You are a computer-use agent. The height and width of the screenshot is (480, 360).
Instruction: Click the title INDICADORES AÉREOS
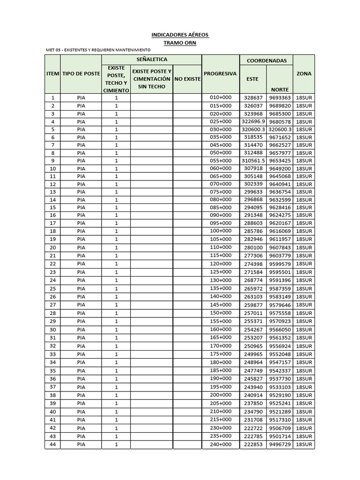tap(180, 35)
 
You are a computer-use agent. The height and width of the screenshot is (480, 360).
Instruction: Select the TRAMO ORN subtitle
tap(180, 43)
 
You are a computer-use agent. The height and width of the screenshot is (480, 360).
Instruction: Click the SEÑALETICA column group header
tap(151, 60)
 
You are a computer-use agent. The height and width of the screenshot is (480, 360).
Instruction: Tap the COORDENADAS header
tap(266, 60)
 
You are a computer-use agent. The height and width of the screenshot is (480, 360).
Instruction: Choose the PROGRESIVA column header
tap(220, 74)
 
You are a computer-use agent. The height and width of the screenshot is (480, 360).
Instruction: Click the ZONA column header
tap(304, 74)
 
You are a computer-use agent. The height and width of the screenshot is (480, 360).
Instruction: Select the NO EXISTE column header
tap(187, 79)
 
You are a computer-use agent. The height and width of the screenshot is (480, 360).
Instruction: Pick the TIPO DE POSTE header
tap(81, 74)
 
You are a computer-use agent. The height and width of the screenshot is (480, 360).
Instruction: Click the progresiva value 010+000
tap(220, 97)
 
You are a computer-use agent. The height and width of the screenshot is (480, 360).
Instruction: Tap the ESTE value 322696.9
tap(254, 121)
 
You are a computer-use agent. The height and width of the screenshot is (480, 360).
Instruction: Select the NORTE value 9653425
tap(280, 160)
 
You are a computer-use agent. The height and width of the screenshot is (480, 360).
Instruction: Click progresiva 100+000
tap(220, 231)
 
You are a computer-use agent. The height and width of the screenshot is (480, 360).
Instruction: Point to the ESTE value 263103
tap(254, 296)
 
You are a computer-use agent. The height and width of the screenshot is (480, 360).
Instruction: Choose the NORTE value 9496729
tap(280, 444)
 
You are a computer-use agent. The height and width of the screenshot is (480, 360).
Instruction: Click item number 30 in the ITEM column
tap(52, 330)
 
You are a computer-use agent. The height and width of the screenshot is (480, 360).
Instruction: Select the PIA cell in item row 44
tap(81, 444)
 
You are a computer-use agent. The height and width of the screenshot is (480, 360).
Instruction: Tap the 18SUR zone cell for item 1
tap(304, 98)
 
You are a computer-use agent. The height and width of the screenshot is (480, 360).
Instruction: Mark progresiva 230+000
tap(220, 428)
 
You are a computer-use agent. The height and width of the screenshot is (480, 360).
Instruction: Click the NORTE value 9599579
tap(280, 264)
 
